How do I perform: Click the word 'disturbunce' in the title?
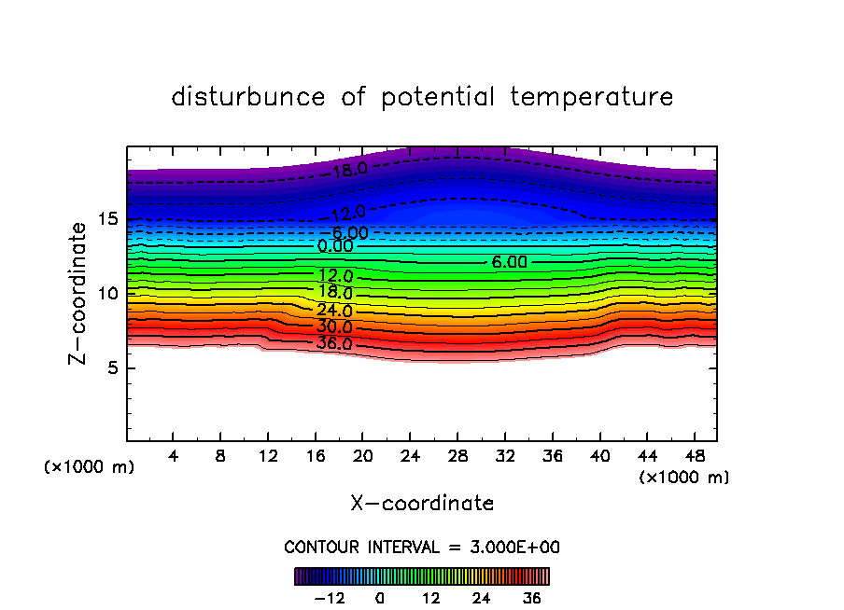(x=248, y=97)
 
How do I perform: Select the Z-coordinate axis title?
(x=79, y=293)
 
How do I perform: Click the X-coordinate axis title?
(x=422, y=504)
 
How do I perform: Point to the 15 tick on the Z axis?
(x=107, y=219)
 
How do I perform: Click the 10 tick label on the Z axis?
(x=107, y=294)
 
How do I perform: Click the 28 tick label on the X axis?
(x=457, y=457)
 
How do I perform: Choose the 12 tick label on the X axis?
(x=268, y=457)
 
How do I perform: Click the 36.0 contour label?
(x=334, y=344)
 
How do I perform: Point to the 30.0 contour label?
(x=334, y=327)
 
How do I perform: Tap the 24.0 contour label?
(x=334, y=311)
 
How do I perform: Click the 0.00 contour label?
(x=335, y=247)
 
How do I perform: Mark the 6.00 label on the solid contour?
(x=509, y=263)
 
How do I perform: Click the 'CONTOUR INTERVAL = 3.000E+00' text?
(x=422, y=547)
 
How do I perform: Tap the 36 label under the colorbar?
(x=532, y=598)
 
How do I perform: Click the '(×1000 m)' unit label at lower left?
(x=90, y=467)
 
